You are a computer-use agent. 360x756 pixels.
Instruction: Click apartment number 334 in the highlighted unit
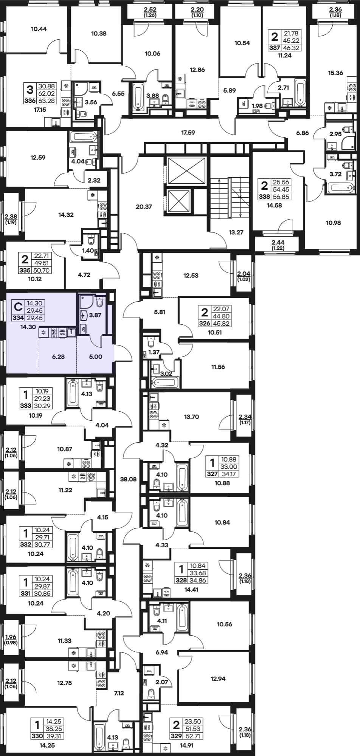point(19,318)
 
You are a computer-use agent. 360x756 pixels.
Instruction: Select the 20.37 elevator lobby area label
point(144,207)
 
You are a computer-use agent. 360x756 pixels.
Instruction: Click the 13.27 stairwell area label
point(236,232)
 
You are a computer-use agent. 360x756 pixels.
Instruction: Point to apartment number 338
point(265,197)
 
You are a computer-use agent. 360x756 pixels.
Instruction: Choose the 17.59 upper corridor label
point(188,133)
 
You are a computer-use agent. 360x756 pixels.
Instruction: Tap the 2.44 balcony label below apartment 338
point(278,242)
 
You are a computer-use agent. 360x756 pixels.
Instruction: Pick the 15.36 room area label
point(336,73)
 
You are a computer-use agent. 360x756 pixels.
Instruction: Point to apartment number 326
point(205,324)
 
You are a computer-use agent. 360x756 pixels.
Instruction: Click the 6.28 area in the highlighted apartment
point(58,356)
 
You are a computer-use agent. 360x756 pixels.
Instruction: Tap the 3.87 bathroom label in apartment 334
point(95,314)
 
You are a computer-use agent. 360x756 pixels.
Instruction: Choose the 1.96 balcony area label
point(11,637)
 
